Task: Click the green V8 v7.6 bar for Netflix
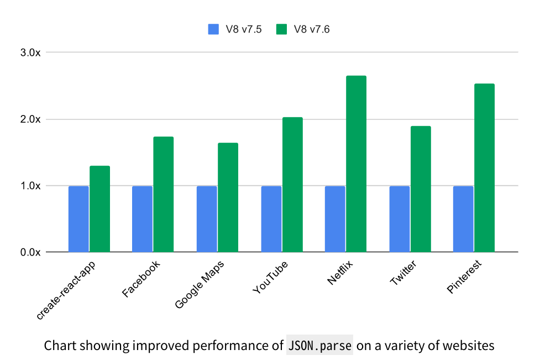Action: (x=356, y=164)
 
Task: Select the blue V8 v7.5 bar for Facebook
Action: (x=142, y=219)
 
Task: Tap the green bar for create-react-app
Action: (x=99, y=209)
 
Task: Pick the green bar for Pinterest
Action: (x=484, y=168)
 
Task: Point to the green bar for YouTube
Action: (x=292, y=185)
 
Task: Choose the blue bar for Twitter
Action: (x=399, y=219)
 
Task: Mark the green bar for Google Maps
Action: (x=228, y=197)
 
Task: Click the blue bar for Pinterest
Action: (x=463, y=219)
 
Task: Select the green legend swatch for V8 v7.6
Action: (x=282, y=29)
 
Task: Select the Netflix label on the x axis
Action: (x=340, y=272)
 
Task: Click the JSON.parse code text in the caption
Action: (x=320, y=346)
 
